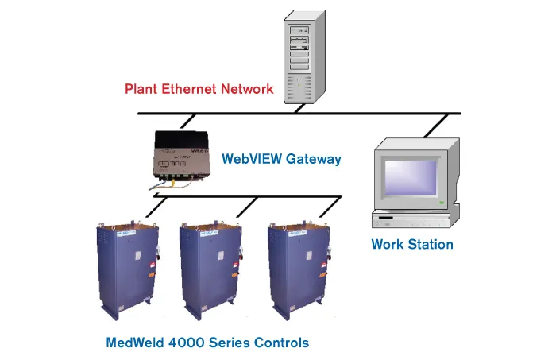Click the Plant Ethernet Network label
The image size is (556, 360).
point(199,88)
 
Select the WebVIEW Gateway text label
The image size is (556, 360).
point(282,159)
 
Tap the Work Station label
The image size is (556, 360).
point(412,244)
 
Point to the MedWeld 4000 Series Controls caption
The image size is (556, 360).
point(207,343)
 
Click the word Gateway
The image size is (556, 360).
point(312,159)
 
